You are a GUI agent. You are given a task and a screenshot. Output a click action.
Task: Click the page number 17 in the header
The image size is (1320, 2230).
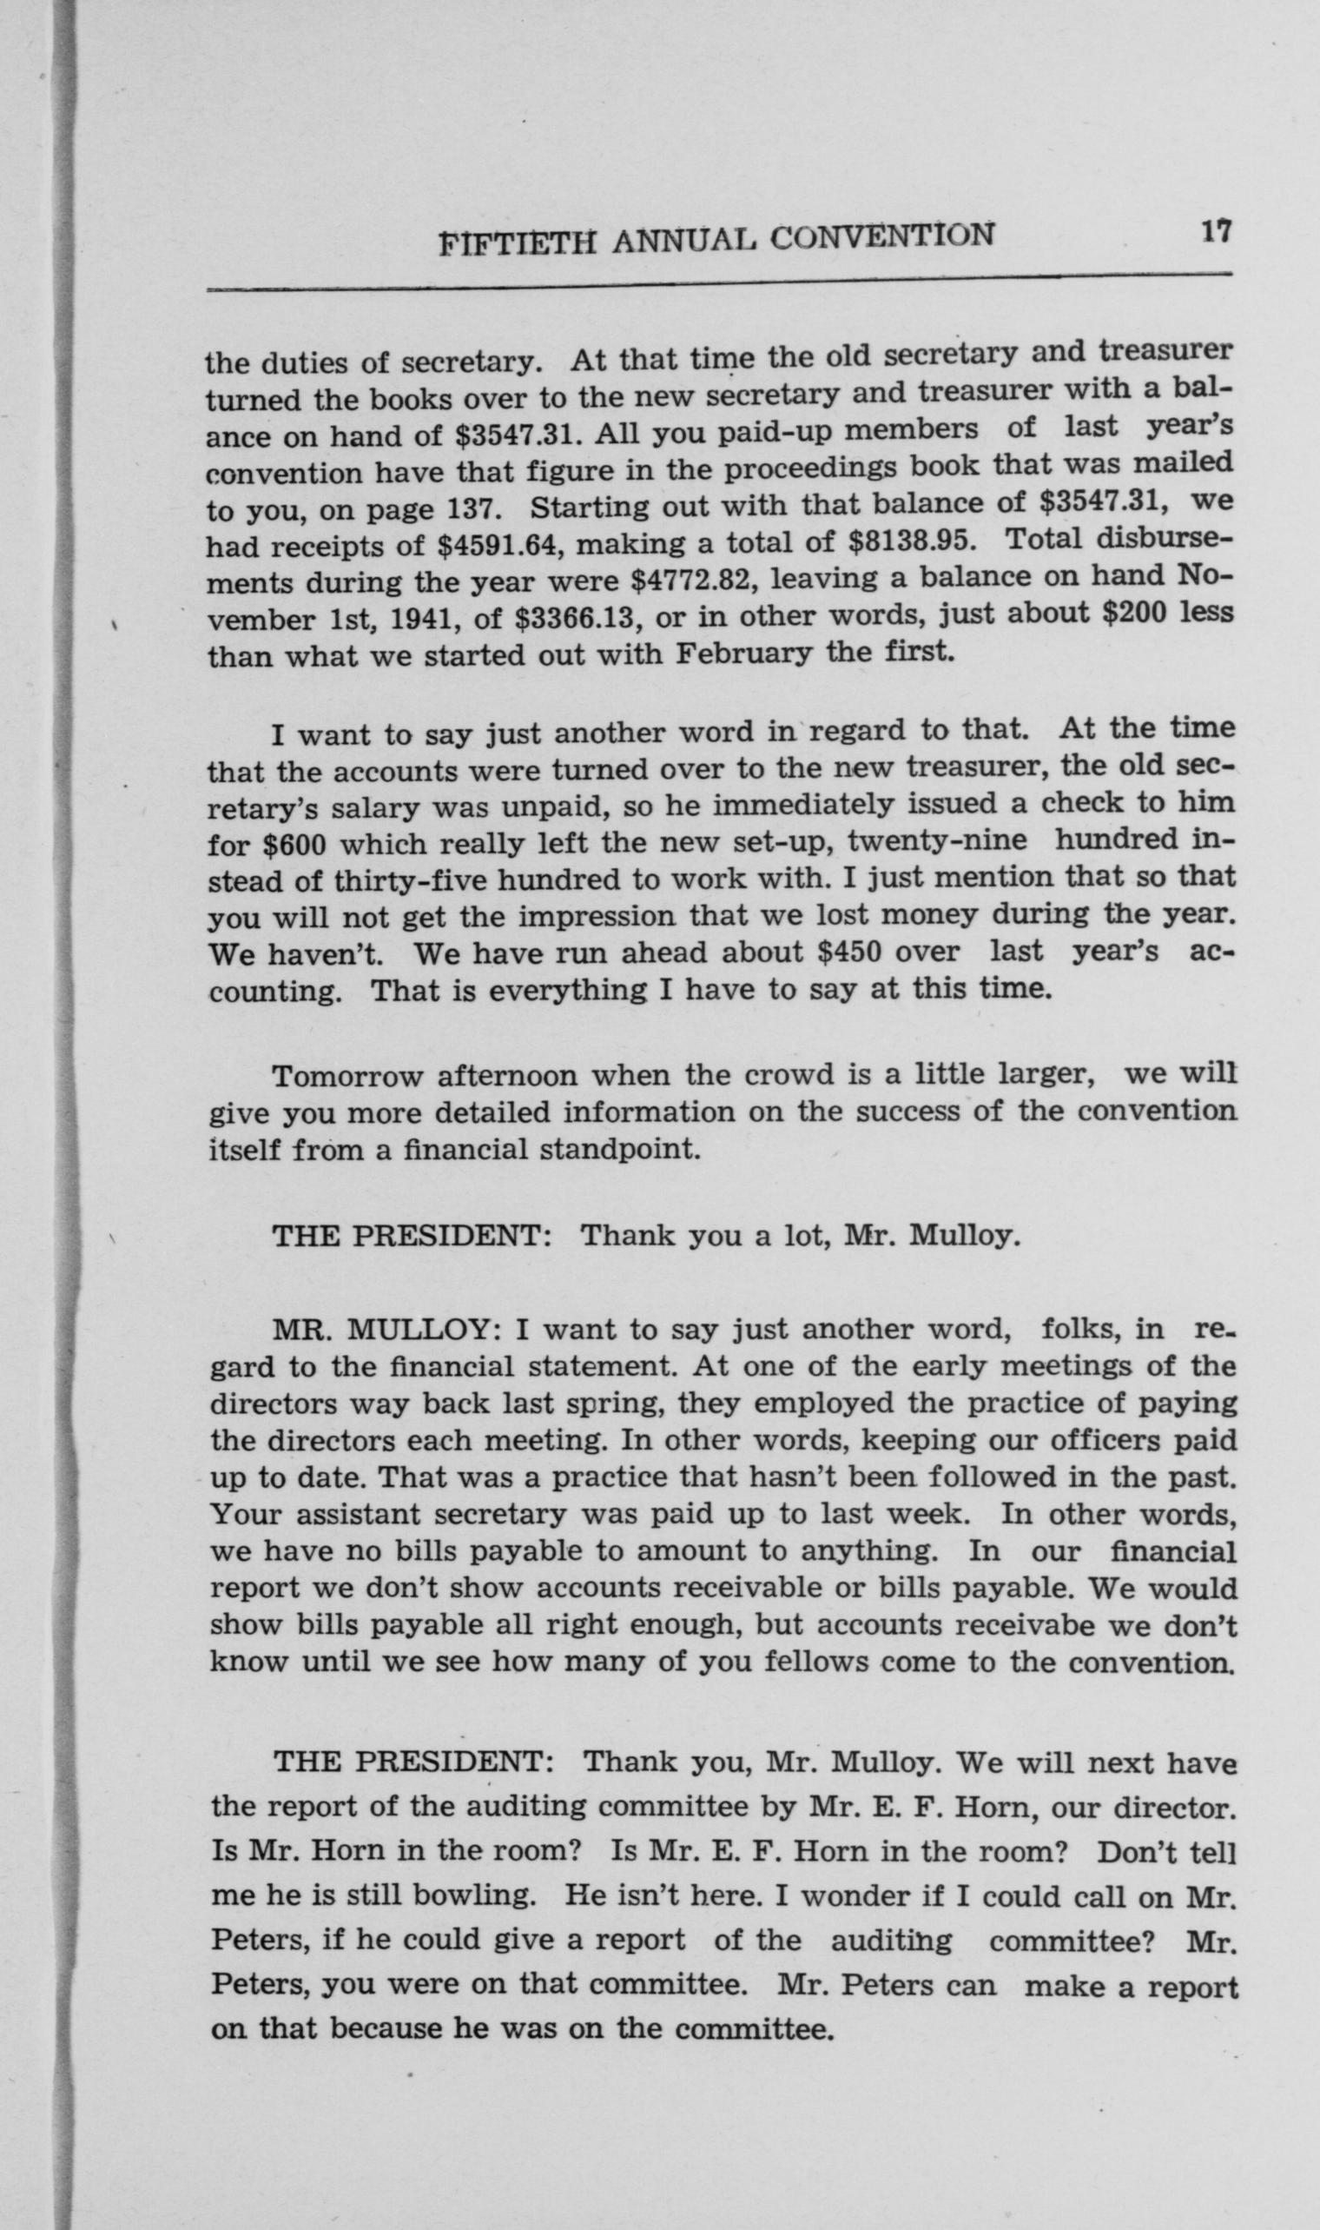tap(1215, 231)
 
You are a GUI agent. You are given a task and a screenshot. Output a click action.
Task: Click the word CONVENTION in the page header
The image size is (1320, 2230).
tap(881, 236)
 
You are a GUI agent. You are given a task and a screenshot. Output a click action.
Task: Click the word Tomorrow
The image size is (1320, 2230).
tap(346, 1077)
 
